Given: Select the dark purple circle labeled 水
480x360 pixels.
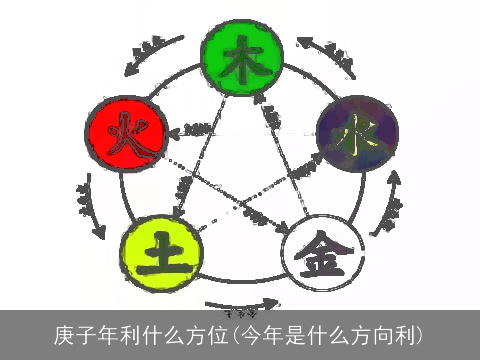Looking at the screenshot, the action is pos(357,133).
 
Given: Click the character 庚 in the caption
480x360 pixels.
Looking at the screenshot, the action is pos(64,332).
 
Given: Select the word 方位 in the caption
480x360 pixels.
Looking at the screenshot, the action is pos(208,332).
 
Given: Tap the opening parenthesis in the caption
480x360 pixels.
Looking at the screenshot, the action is pos(236,332).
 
